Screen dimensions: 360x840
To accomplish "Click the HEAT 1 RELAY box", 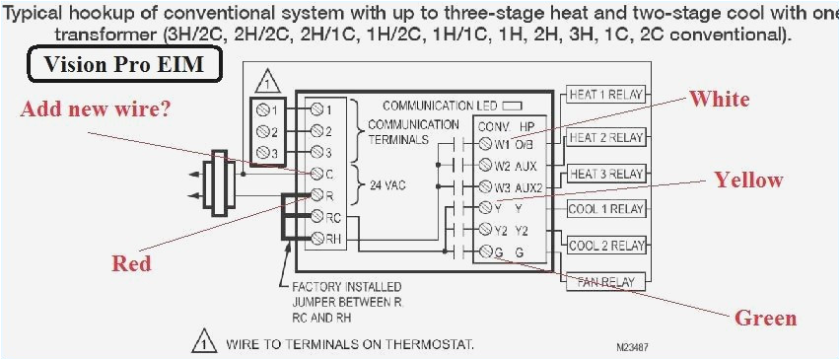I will (x=606, y=95).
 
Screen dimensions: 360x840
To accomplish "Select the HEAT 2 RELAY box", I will (x=606, y=137).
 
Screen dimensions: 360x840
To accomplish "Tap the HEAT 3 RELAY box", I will (x=606, y=174).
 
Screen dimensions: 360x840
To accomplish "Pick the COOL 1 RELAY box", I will (x=606, y=209).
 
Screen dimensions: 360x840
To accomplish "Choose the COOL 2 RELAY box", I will (x=606, y=246).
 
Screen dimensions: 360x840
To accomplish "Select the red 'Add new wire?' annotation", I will (x=95, y=108).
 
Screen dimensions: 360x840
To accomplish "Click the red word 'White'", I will (x=719, y=99).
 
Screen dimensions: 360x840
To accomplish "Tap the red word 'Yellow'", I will (x=748, y=180).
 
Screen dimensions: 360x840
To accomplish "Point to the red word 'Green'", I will (x=765, y=318).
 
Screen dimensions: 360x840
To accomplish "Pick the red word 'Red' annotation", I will (x=131, y=262).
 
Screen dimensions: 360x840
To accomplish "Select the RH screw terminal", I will (x=317, y=238).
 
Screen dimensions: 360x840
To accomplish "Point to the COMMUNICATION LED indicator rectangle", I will (x=512, y=104).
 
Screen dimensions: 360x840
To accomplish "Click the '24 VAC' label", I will (x=387, y=183).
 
